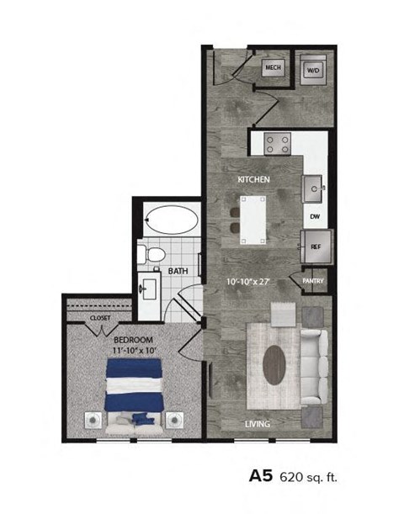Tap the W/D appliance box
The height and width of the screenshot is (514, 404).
point(313,70)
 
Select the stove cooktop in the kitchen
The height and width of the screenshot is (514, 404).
point(277,144)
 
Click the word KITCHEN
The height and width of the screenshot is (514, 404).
point(252,181)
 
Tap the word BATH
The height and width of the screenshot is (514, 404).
point(177,271)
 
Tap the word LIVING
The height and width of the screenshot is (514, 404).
point(258,424)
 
